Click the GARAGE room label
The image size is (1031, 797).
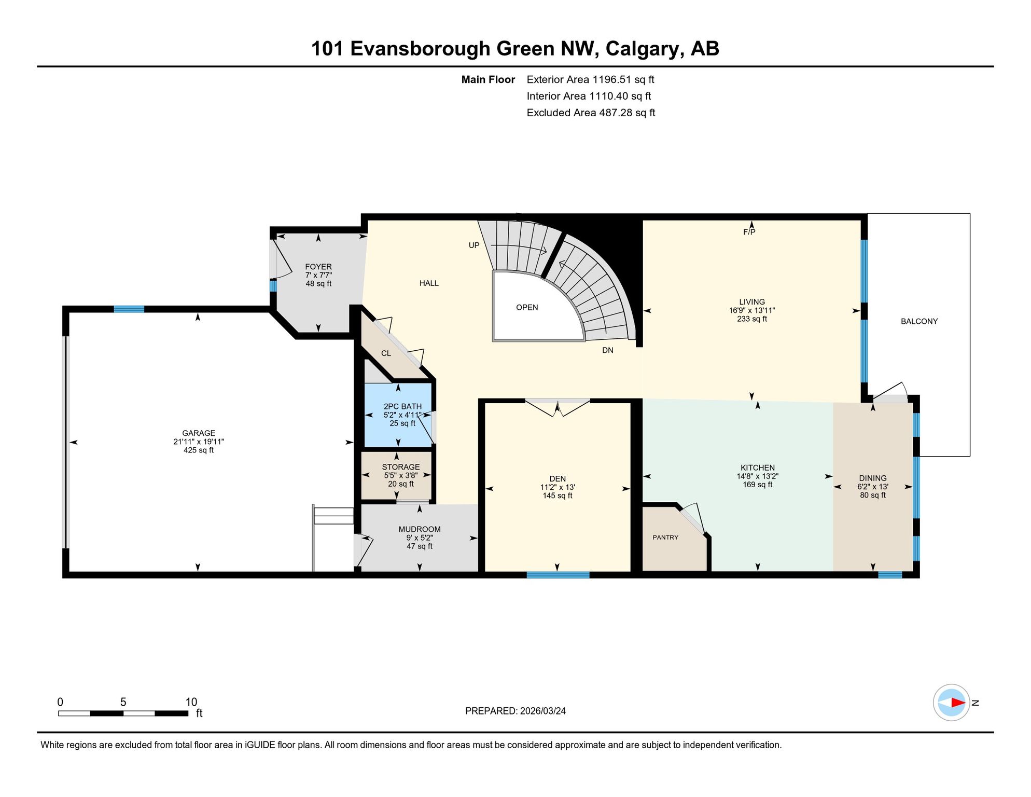pyautogui.click(x=199, y=433)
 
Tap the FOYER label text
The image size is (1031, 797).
pyautogui.click(x=318, y=267)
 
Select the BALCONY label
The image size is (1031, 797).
pyautogui.click(x=919, y=322)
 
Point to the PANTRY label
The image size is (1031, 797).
pyautogui.click(x=665, y=538)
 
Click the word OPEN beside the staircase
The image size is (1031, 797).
pyautogui.click(x=527, y=308)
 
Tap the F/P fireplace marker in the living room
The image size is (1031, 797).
pyautogui.click(x=749, y=232)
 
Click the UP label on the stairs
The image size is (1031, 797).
pyautogui.click(x=474, y=245)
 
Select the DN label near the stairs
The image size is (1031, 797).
pyautogui.click(x=608, y=351)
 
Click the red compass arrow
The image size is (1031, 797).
pyautogui.click(x=958, y=703)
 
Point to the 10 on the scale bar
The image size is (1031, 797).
pyautogui.click(x=191, y=702)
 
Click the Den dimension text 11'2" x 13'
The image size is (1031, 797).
pyautogui.click(x=558, y=487)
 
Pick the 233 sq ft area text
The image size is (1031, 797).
pyautogui.click(x=752, y=319)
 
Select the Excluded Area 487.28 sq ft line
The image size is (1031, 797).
pyautogui.click(x=591, y=113)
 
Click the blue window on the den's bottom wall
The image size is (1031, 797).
pyautogui.click(x=558, y=575)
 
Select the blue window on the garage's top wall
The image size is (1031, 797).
pyautogui.click(x=129, y=309)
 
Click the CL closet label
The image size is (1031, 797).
pyautogui.click(x=386, y=354)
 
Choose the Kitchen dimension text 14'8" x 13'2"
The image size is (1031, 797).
pyautogui.click(x=758, y=476)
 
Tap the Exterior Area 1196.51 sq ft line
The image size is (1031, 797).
pyautogui.click(x=590, y=80)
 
